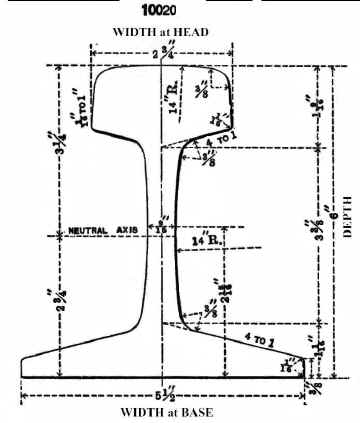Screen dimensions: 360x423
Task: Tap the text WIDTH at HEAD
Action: tap(165, 32)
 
